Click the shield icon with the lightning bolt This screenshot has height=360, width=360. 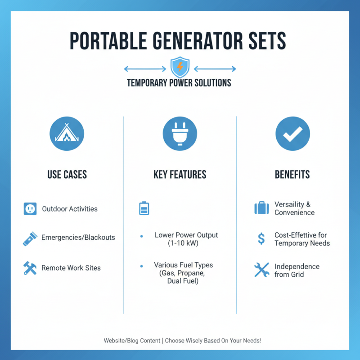coord(180,68)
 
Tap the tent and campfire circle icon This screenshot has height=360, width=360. coord(67,134)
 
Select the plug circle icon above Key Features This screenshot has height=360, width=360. coord(180,134)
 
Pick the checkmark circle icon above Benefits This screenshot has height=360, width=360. coord(292,134)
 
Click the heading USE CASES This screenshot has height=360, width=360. coord(67,174)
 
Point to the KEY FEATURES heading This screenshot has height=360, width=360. coord(180,174)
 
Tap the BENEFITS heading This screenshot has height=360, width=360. coord(292,174)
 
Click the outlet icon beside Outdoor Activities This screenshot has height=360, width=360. coord(30,209)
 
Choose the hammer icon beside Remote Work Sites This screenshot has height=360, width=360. coord(30,268)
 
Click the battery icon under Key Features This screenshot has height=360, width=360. coord(144,208)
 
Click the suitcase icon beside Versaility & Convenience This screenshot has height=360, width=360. coord(261,208)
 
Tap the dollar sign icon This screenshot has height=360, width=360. coord(261,239)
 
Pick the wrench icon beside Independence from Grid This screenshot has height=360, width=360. coord(261,270)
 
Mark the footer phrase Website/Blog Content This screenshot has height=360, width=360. coord(132,341)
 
